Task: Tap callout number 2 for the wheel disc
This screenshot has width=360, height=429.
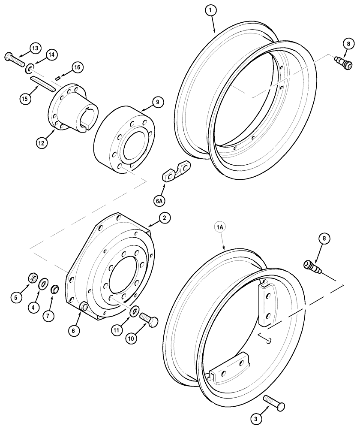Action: click(164, 218)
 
